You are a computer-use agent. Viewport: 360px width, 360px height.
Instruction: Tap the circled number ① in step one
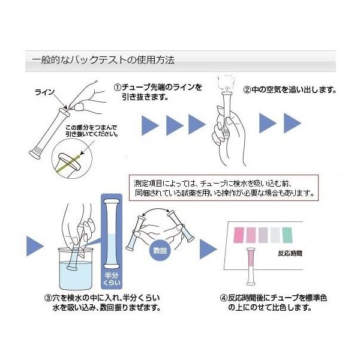click(x=118, y=87)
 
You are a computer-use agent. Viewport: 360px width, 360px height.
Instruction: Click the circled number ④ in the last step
click(x=224, y=298)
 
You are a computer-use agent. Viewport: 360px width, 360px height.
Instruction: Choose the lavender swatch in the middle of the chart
click(x=263, y=234)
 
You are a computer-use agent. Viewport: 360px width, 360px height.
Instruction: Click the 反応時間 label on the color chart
click(x=290, y=253)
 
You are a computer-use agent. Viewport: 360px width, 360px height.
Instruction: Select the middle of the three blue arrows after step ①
click(x=174, y=125)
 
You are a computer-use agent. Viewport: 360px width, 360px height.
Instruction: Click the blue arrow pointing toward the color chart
click(x=208, y=248)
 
